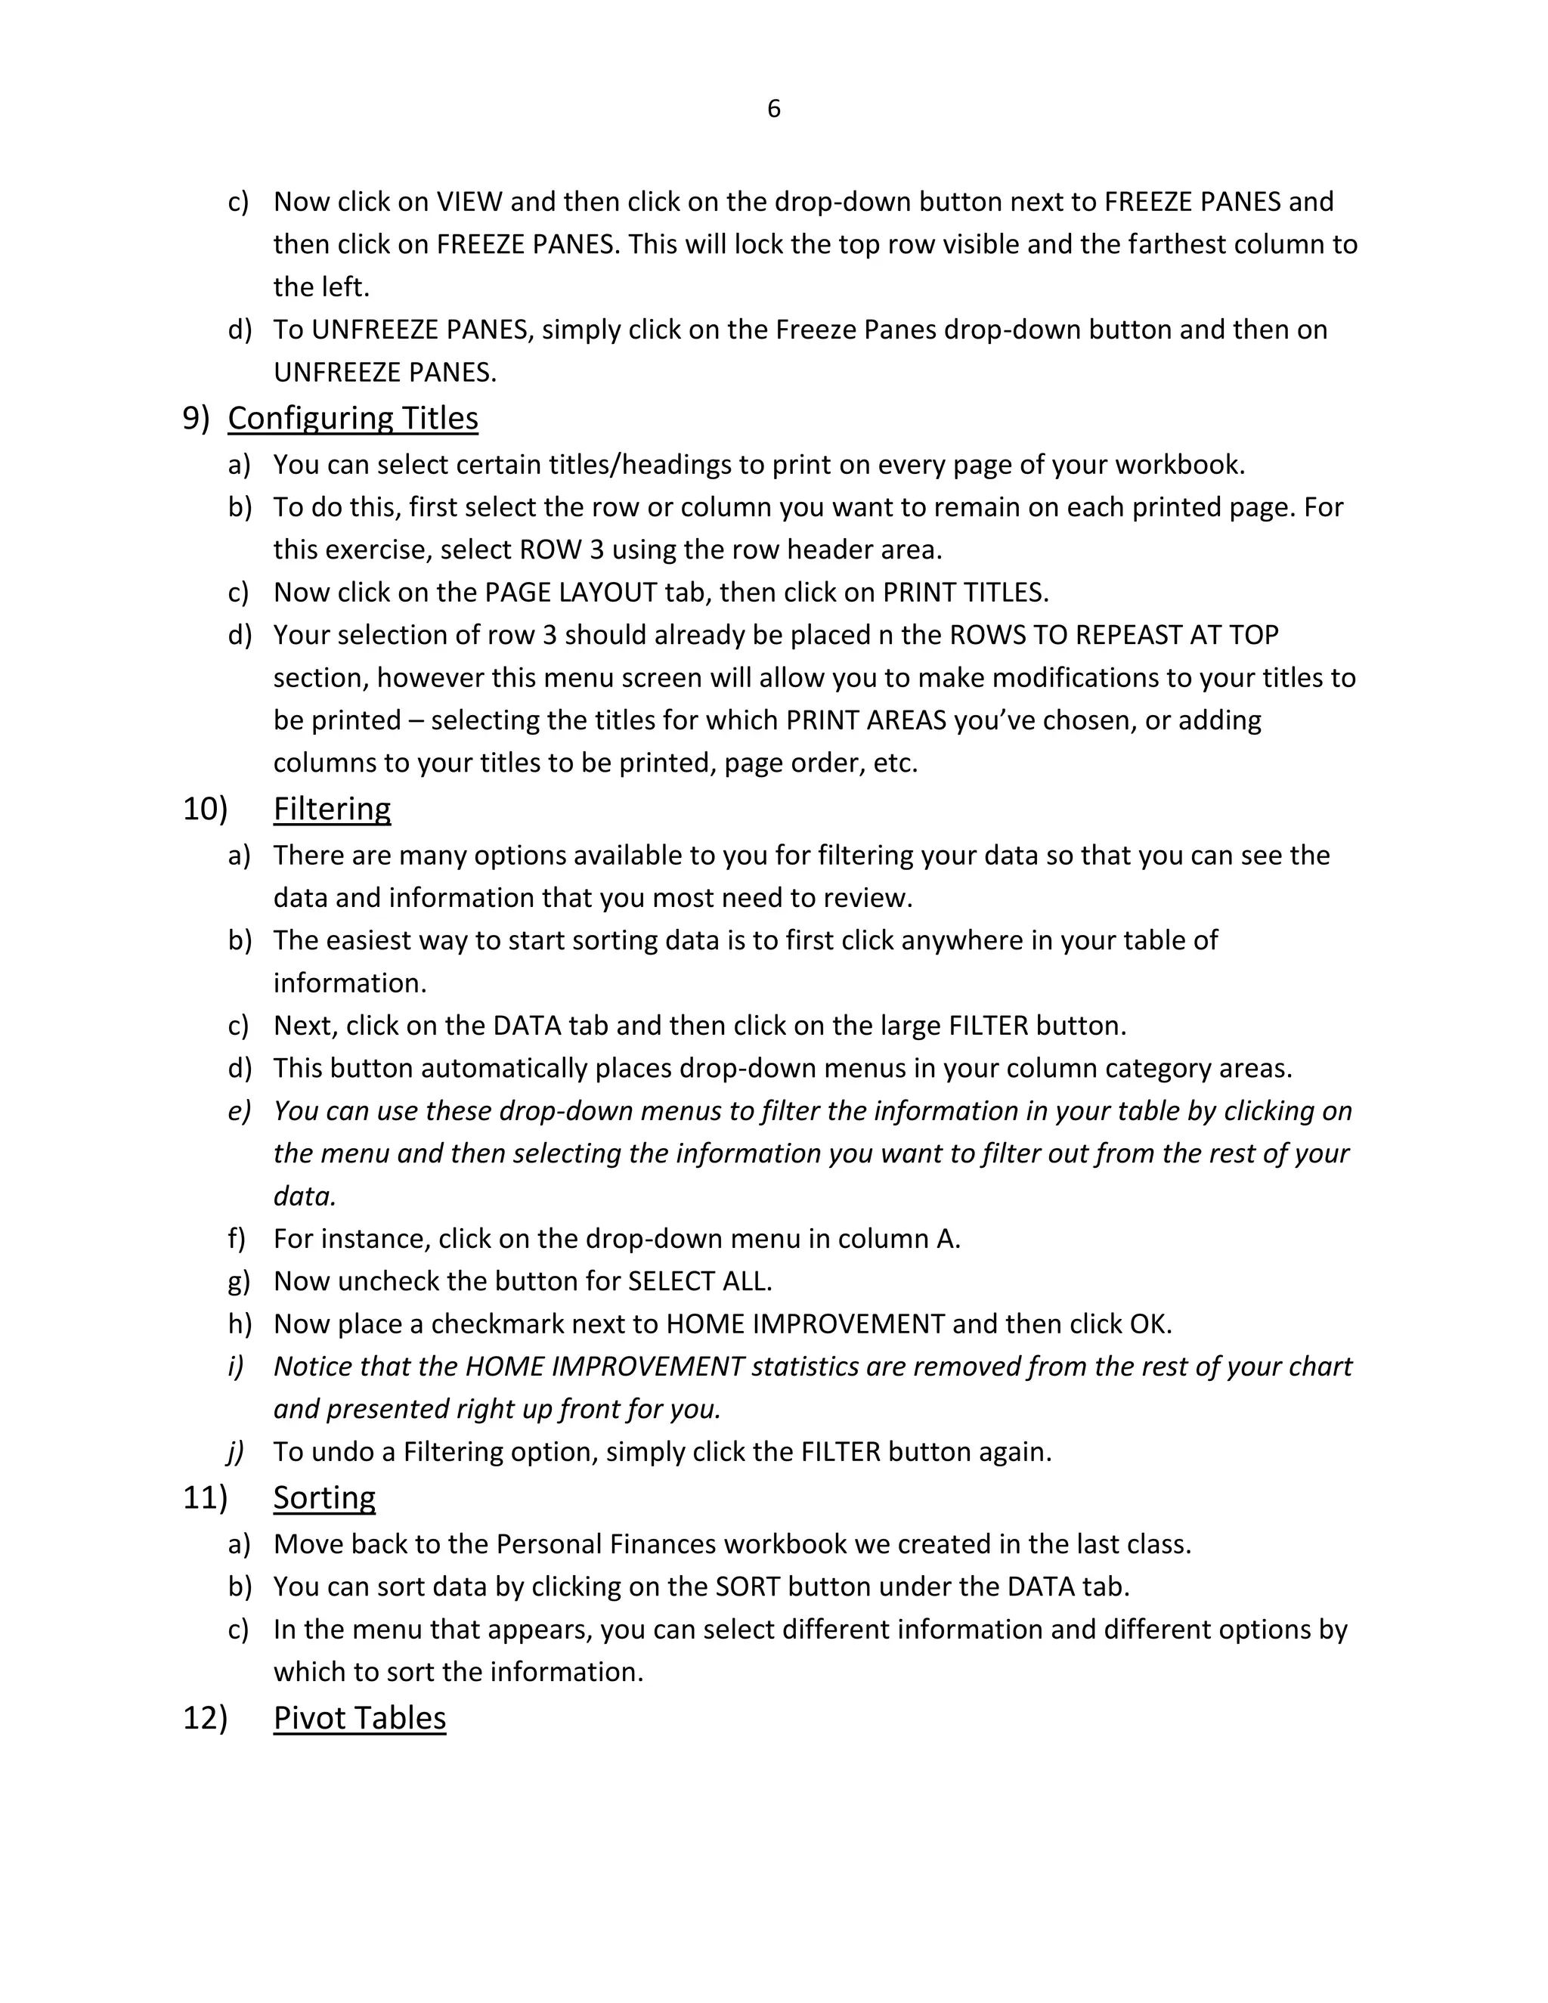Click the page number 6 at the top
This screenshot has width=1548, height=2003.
coord(773,109)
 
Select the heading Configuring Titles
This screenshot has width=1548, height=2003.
coord(352,418)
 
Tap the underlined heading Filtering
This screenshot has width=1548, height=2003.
coord(332,809)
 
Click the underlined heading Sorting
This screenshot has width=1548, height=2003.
coord(324,1497)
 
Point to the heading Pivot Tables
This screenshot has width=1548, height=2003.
coord(360,1718)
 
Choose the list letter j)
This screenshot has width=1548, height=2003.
coord(236,1452)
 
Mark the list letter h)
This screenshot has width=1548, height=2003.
coord(238,1324)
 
